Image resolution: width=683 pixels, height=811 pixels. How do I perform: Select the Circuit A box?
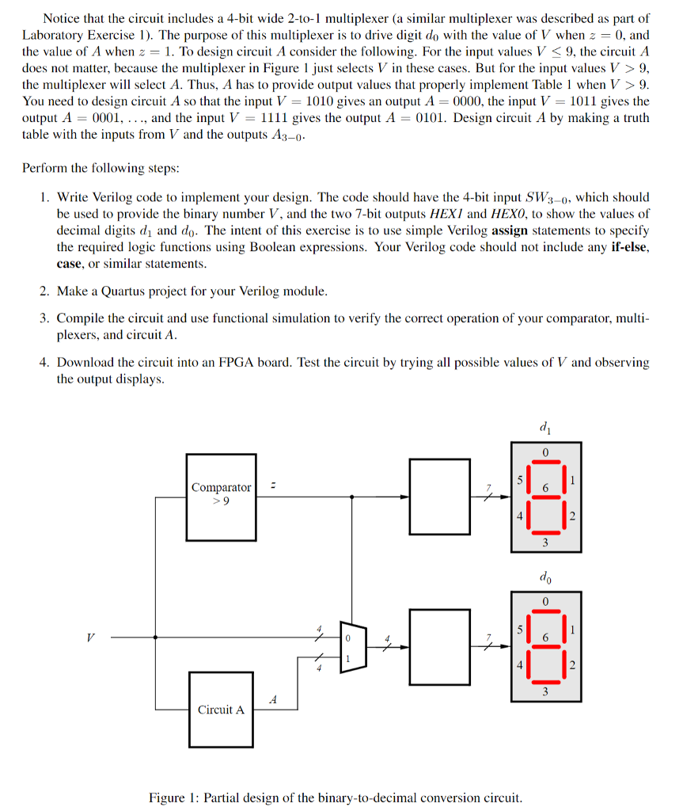coord(221,709)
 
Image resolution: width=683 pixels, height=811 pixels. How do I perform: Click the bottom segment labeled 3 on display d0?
coord(545,683)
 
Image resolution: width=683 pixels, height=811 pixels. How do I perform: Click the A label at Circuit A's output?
coord(273,699)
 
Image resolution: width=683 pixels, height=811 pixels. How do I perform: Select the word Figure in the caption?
coord(168,797)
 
